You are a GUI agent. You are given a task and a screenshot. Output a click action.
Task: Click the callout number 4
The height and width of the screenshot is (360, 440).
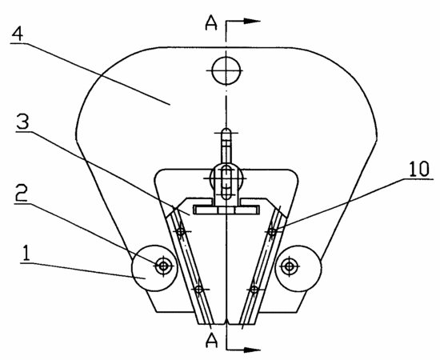click(x=17, y=34)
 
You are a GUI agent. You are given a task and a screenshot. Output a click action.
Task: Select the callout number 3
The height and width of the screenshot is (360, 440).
click(x=22, y=122)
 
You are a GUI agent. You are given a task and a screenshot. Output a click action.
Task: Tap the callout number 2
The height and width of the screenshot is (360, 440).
click(x=21, y=194)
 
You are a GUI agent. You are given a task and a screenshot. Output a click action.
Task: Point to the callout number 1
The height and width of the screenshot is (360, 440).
click(x=26, y=254)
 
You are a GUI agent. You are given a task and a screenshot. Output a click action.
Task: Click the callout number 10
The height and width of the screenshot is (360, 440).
click(x=418, y=169)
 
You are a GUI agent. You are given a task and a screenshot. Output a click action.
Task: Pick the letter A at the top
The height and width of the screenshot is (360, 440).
click(x=211, y=22)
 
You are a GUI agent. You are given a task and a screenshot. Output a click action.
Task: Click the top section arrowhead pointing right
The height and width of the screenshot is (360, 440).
click(x=252, y=21)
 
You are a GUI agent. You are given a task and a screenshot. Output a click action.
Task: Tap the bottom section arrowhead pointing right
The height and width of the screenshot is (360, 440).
click(x=252, y=350)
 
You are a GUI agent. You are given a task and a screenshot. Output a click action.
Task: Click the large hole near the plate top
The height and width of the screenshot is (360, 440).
click(x=226, y=70)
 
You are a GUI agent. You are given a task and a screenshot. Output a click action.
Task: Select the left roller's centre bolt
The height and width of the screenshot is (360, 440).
click(x=163, y=266)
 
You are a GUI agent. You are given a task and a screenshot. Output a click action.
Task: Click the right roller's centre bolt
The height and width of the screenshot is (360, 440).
click(x=289, y=266)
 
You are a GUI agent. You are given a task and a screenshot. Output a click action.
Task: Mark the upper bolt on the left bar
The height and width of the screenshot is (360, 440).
click(x=181, y=231)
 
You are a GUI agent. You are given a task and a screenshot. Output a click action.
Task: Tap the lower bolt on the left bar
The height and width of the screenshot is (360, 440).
click(x=199, y=289)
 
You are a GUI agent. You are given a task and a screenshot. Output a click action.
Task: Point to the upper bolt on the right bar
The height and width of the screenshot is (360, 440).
click(x=272, y=232)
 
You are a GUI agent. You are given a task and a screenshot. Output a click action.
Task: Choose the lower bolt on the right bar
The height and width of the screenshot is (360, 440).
click(x=254, y=289)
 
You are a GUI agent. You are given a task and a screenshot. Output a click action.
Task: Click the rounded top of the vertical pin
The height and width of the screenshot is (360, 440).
click(x=226, y=130)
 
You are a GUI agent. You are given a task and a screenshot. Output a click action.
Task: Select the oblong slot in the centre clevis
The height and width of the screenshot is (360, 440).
click(x=226, y=182)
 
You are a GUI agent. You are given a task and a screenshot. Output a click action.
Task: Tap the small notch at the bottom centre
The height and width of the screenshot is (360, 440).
click(x=226, y=322)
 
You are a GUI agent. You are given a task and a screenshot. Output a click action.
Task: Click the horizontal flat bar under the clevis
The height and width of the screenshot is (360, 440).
click(x=226, y=210)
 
